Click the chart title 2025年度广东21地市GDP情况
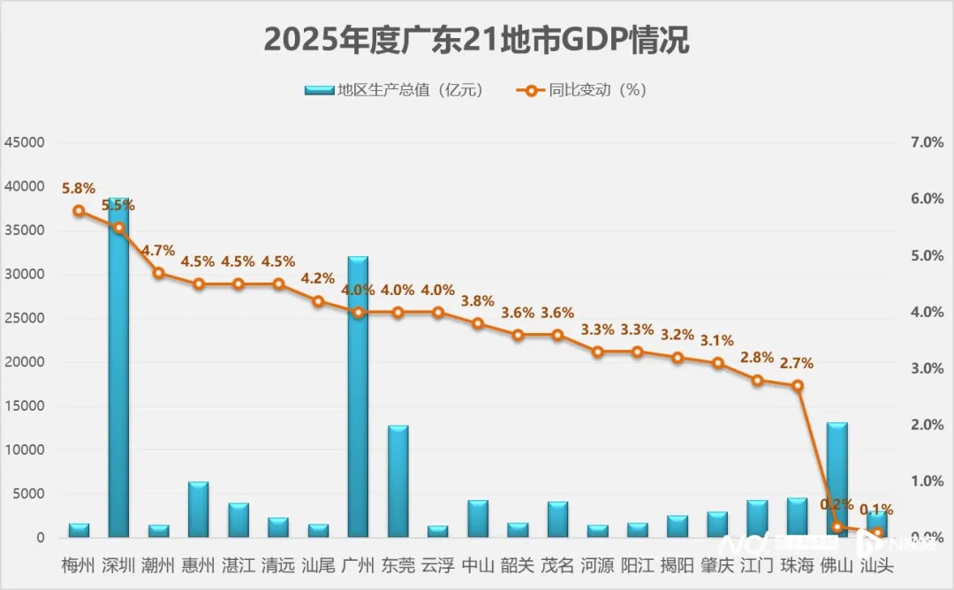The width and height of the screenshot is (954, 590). click(476, 41)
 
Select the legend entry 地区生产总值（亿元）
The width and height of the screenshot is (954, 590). click(396, 90)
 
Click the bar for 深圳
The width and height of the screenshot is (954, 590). click(118, 371)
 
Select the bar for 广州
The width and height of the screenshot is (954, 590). click(358, 397)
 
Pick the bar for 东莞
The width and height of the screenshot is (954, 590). click(397, 481)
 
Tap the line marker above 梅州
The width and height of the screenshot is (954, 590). click(79, 211)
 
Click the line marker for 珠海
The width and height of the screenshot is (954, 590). click(797, 385)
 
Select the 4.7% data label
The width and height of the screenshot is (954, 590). click(158, 251)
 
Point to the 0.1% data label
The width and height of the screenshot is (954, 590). click(876, 510)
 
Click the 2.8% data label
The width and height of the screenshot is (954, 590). click(757, 358)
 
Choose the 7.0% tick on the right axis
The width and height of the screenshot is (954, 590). click(927, 142)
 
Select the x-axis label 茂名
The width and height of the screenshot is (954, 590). click(557, 564)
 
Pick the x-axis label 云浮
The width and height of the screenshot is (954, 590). click(438, 564)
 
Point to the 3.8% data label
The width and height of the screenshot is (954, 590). click(478, 301)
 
